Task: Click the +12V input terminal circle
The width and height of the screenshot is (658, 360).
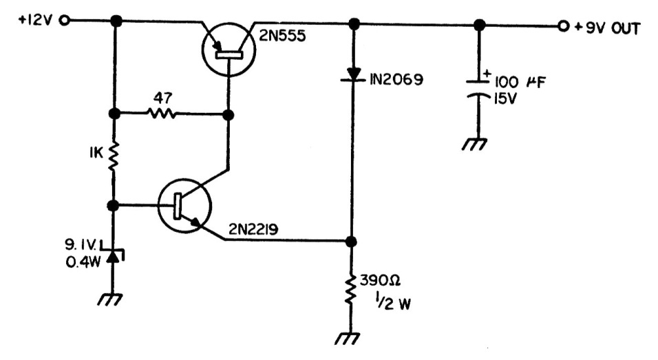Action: (65, 21)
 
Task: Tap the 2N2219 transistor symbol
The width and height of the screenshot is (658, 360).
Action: (183, 206)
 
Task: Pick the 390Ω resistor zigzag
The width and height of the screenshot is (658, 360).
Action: (351, 290)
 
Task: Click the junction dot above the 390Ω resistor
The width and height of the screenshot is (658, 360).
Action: (351, 242)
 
